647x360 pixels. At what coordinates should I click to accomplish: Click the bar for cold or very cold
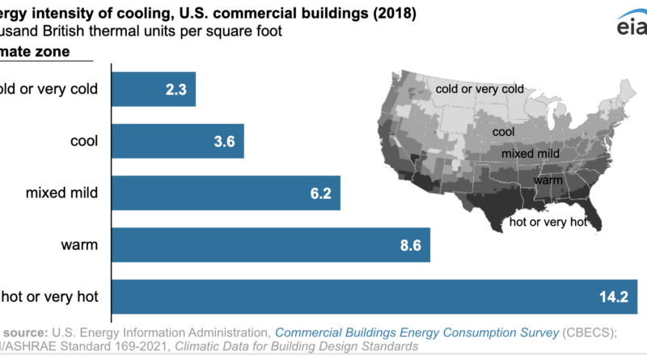146,89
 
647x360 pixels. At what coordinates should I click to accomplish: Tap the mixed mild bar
210,194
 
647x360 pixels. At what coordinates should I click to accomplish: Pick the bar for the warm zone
259,245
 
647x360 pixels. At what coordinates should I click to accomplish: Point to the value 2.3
176,90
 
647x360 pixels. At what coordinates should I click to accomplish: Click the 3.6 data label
224,142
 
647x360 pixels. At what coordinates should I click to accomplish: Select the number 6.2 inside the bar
321,194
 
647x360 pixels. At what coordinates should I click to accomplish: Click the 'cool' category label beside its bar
84,142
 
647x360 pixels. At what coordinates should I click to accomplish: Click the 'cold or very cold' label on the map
480,89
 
